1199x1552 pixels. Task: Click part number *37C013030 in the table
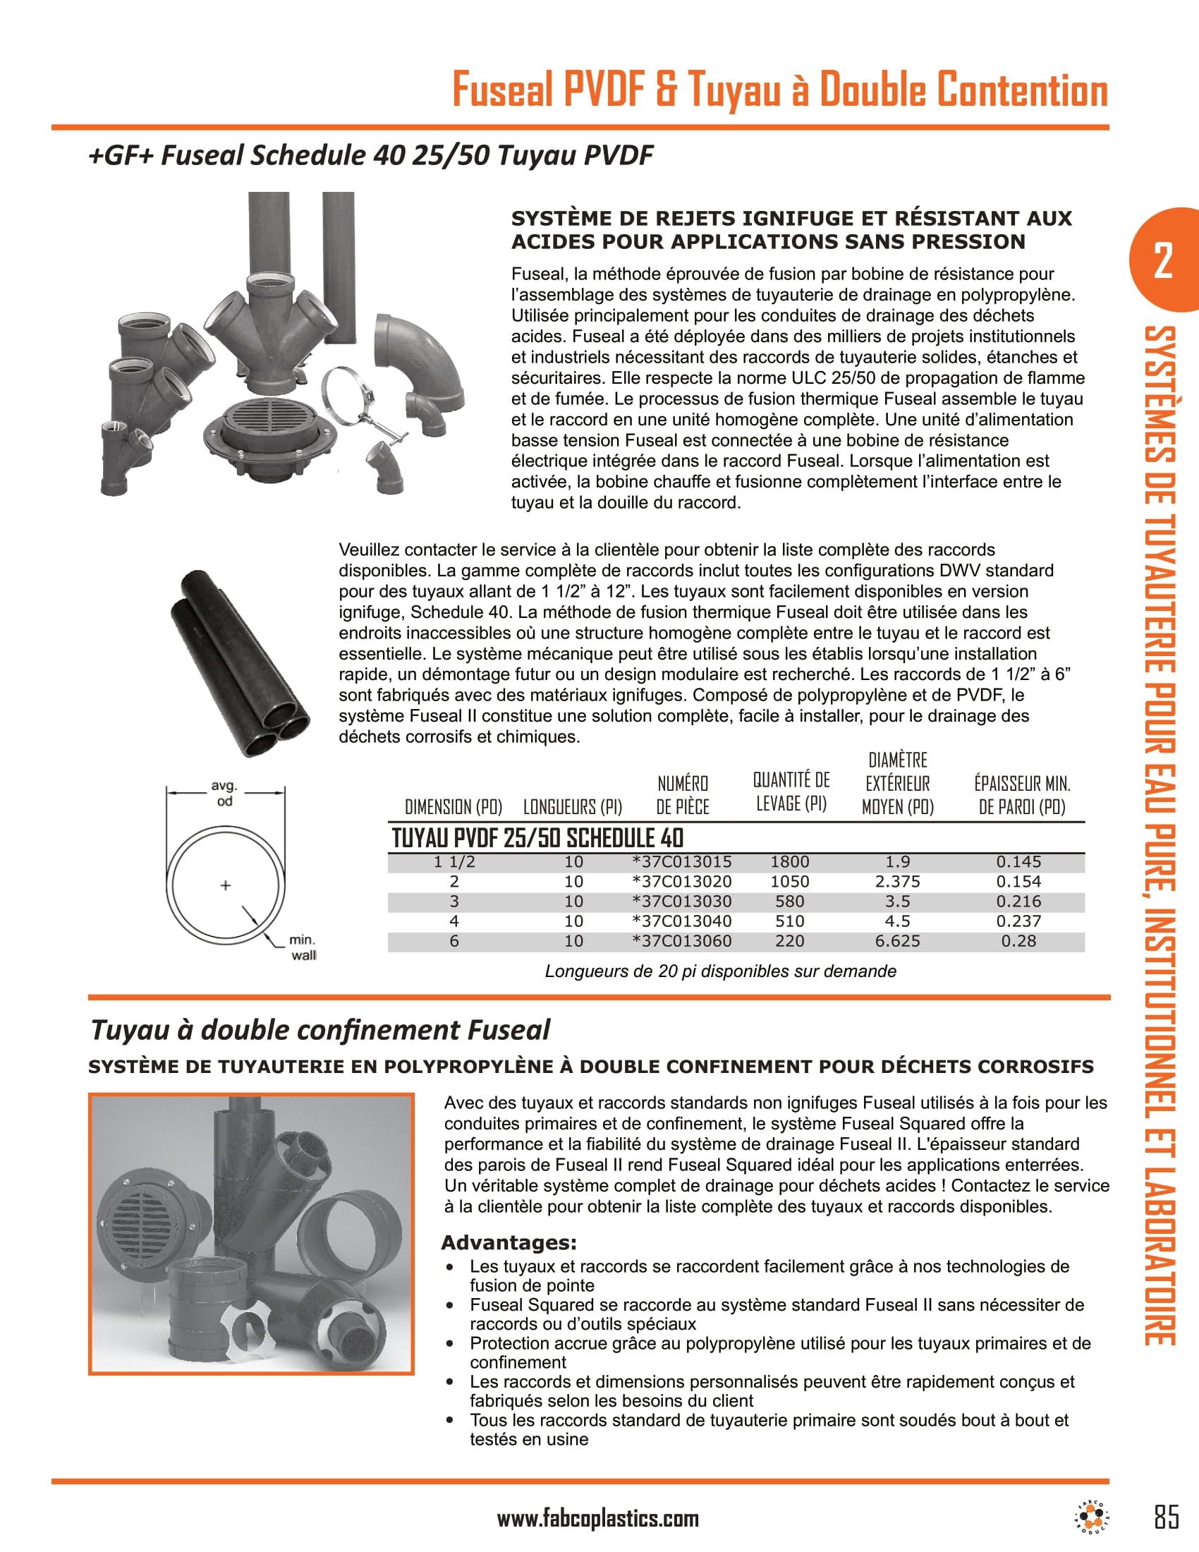pyautogui.click(x=681, y=902)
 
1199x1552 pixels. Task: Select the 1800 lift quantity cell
pyautogui.click(x=789, y=862)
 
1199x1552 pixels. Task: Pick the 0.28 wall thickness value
pyautogui.click(x=1018, y=942)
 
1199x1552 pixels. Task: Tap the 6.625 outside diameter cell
pyautogui.click(x=897, y=942)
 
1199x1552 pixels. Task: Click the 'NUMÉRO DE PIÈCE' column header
pyautogui.click(x=682, y=795)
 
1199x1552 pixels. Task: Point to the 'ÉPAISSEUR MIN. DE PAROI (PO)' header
pyautogui.click(x=1021, y=795)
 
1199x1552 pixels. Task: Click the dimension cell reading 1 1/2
pyautogui.click(x=454, y=862)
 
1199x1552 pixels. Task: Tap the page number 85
pyautogui.click(x=1167, y=1517)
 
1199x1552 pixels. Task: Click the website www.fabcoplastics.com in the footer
pyautogui.click(x=597, y=1520)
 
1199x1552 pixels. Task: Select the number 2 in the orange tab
pyautogui.click(x=1163, y=261)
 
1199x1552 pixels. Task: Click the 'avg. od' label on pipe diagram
pyautogui.click(x=224, y=793)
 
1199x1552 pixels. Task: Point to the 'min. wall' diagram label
pyautogui.click(x=303, y=948)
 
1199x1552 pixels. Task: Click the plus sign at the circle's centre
pyautogui.click(x=225, y=885)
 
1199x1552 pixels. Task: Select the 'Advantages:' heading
pyautogui.click(x=509, y=1243)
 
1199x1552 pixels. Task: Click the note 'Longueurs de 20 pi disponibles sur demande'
pyautogui.click(x=719, y=971)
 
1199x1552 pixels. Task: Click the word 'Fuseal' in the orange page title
pyautogui.click(x=502, y=91)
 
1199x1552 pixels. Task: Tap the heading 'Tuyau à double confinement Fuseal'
pyautogui.click(x=320, y=1030)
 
